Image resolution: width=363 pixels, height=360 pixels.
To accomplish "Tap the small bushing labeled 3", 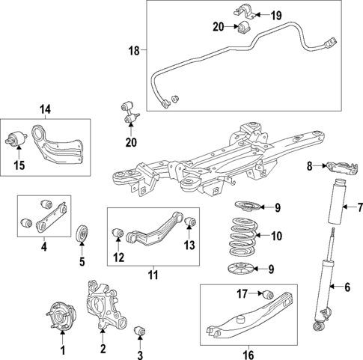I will coord(138,330).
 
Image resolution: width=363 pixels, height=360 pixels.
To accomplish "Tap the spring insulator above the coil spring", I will coord(244,207).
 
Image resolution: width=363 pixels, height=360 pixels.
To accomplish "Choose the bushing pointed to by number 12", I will coord(118,237).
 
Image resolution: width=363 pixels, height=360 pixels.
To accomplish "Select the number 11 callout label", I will coord(153,274).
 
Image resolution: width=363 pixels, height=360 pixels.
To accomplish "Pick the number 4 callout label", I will coord(44,246).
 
